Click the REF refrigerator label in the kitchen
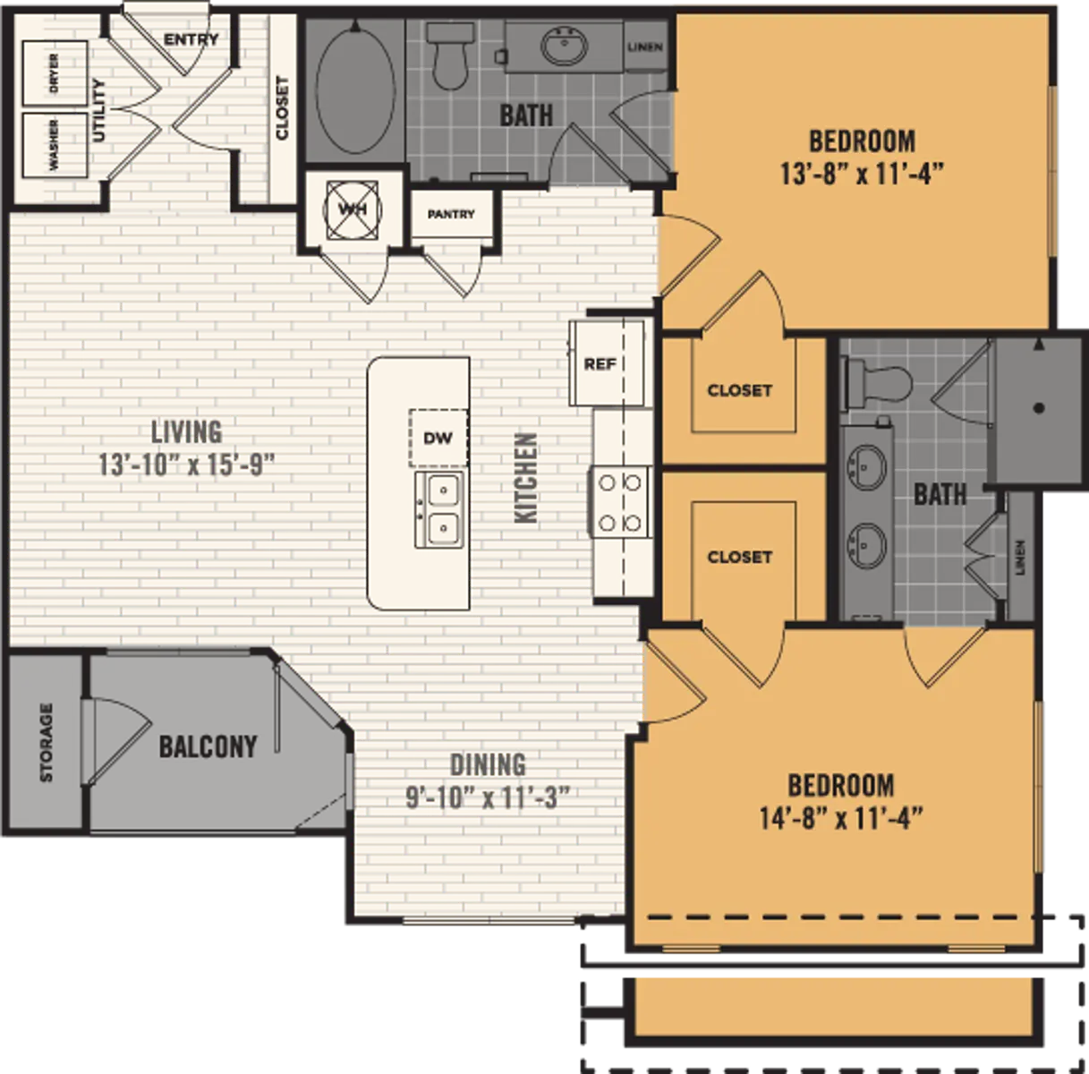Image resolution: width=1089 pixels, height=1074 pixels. point(600,364)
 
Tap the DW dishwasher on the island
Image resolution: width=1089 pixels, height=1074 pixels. point(438,438)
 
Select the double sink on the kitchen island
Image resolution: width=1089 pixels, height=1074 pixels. point(438,509)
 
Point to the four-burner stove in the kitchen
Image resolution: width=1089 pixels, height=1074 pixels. point(620,502)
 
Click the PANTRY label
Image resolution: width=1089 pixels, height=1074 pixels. point(451,214)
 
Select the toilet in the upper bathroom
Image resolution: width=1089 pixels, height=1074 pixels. point(448,58)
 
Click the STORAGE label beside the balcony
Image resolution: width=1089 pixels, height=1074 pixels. point(47,742)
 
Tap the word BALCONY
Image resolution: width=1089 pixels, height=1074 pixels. point(208,746)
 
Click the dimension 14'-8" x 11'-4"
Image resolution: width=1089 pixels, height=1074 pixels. point(841,818)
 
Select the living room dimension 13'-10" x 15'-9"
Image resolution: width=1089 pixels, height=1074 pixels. point(186,465)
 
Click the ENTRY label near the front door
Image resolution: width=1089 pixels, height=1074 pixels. point(191,39)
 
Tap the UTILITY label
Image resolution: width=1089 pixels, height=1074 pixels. point(98,109)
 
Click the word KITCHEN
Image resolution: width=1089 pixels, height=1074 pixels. point(526,478)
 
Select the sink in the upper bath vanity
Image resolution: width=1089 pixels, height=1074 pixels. point(564,47)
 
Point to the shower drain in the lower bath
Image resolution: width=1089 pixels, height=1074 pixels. point(1038,408)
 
